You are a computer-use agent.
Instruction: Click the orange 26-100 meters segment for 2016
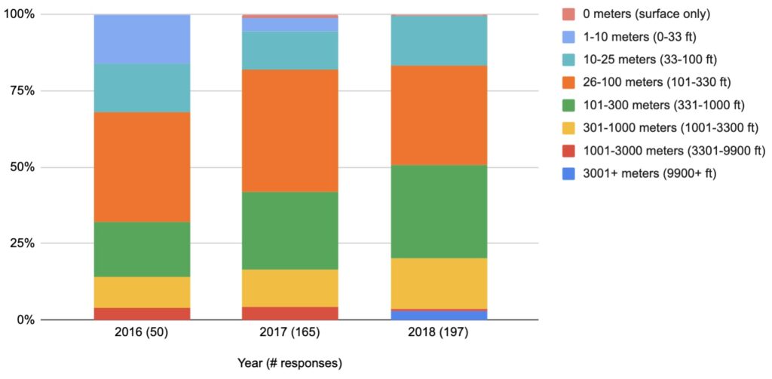pyautogui.click(x=142, y=167)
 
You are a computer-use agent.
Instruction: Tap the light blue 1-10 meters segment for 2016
pyautogui.click(x=142, y=39)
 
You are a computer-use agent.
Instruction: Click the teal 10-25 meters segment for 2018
pyautogui.click(x=439, y=41)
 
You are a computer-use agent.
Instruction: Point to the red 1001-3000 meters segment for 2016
pyautogui.click(x=142, y=313)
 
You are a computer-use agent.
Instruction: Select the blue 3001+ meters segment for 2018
pyautogui.click(x=439, y=315)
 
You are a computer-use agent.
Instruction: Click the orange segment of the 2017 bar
pyautogui.click(x=290, y=130)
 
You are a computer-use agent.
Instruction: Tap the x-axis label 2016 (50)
pyautogui.click(x=142, y=333)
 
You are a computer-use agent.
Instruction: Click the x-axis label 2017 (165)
pyautogui.click(x=290, y=333)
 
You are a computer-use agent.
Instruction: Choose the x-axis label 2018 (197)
pyautogui.click(x=439, y=333)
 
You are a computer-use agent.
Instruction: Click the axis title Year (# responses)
pyautogui.click(x=289, y=363)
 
